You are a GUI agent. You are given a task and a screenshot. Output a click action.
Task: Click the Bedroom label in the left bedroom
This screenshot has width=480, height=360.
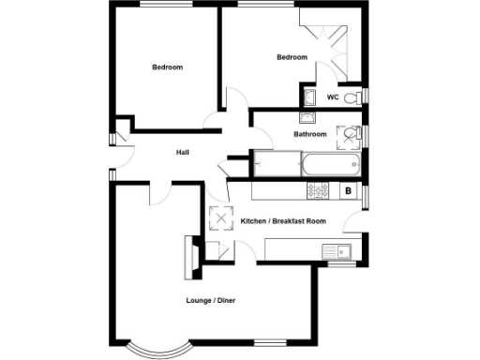pos(168,67)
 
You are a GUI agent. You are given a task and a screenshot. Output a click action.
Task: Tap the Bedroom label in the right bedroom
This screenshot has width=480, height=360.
pos(292,58)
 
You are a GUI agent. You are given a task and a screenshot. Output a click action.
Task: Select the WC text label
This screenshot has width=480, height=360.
pos(333,97)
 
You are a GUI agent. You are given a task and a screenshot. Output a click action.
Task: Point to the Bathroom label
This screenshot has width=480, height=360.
pos(310,134)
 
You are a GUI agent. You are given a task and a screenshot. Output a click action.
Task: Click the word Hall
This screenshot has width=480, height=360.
pos(183,151)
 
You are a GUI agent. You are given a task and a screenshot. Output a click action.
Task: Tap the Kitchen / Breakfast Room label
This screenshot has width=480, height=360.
pos(283,221)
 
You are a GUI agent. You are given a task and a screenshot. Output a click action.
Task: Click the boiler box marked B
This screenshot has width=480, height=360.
pos(349,191)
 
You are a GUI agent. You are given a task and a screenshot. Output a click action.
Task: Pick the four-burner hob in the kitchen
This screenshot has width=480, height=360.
pos(318,191)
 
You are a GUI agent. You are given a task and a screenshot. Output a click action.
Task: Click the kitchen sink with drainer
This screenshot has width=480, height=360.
pos(335,251)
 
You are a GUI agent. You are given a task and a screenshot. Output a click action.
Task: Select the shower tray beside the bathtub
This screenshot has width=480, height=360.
pos(277,165)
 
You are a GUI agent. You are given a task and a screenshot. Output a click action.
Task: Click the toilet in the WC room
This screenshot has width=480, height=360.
pos(352,97)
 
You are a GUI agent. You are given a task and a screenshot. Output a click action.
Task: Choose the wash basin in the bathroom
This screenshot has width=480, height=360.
pos(308,118)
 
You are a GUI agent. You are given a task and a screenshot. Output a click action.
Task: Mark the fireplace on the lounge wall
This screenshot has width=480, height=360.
pos(191,257)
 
